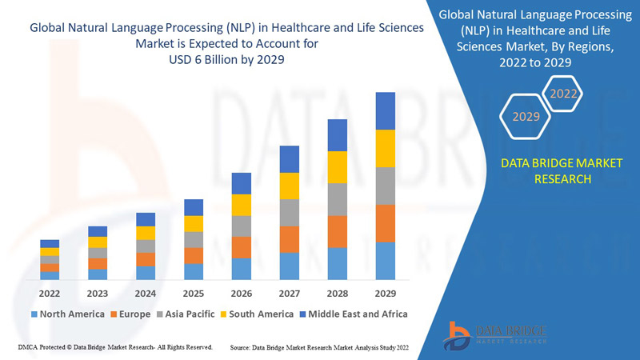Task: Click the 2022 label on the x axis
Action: click(x=50, y=293)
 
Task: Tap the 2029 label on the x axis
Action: click(x=386, y=293)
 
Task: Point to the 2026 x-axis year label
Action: click(x=242, y=293)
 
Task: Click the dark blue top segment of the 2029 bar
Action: click(x=386, y=110)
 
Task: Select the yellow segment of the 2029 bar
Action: click(x=386, y=148)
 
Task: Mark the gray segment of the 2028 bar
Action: click(x=338, y=199)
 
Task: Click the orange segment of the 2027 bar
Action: click(x=290, y=239)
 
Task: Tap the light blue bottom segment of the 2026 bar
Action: click(x=242, y=269)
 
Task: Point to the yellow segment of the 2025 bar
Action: click(x=194, y=223)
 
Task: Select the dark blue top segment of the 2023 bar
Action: click(x=98, y=231)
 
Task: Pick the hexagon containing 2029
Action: click(x=526, y=117)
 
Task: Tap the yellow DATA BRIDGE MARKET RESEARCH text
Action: click(x=551, y=170)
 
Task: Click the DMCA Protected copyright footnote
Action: click(x=114, y=347)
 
